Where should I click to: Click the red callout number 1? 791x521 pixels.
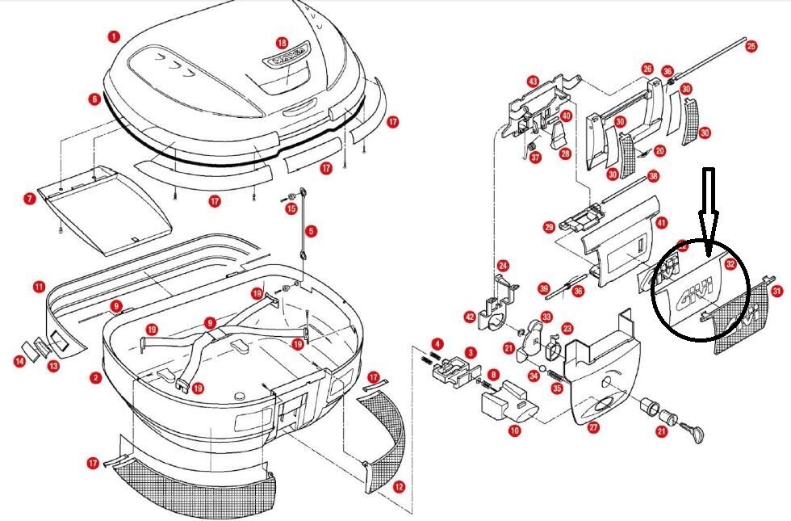[x=114, y=36]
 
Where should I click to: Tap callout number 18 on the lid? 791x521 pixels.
[x=282, y=42]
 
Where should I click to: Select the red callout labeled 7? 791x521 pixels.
[x=30, y=198]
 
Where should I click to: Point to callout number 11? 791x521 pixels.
[x=39, y=287]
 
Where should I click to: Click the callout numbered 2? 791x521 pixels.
[x=96, y=377]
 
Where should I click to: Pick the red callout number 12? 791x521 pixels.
[x=398, y=487]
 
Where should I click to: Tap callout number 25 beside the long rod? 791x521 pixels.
[x=751, y=46]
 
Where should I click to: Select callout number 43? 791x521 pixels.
[x=533, y=82]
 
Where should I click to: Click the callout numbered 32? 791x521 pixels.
[x=730, y=263]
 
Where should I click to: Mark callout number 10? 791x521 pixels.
[x=514, y=431]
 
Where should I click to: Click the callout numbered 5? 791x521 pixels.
[x=312, y=231]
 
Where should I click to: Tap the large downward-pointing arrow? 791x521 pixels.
[x=708, y=201]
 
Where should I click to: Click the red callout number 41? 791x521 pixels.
[x=662, y=223]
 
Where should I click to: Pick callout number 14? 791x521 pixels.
[x=19, y=361]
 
